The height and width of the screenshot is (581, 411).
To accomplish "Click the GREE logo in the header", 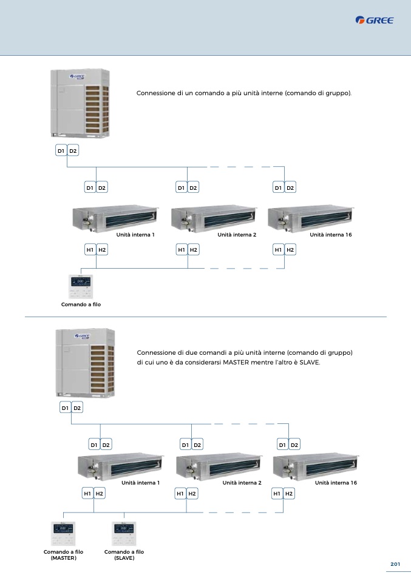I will [375, 21].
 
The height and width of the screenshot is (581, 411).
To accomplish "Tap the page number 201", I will [395, 565].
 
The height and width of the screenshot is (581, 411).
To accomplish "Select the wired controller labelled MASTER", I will [63, 533].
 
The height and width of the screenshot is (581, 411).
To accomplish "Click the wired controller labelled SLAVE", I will [124, 533].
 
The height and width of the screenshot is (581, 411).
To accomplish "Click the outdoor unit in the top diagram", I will [81, 102].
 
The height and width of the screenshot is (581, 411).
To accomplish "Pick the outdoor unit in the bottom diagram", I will [84, 362].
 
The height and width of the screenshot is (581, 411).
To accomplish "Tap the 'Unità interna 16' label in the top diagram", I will [330, 234].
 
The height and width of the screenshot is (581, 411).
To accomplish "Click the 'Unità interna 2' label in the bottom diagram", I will [242, 483].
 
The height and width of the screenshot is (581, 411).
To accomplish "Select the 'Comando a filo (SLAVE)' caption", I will [124, 555].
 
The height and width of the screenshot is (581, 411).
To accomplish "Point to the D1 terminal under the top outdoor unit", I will [60, 150].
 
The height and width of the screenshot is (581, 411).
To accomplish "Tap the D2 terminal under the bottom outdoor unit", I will [77, 408].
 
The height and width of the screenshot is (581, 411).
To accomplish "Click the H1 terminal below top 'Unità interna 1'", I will [89, 249].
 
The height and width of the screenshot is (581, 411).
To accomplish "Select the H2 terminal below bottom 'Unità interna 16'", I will [289, 494].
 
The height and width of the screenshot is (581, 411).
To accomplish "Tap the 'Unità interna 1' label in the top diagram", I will [135, 234].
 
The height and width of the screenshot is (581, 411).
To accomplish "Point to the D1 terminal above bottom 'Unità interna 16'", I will [282, 445].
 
